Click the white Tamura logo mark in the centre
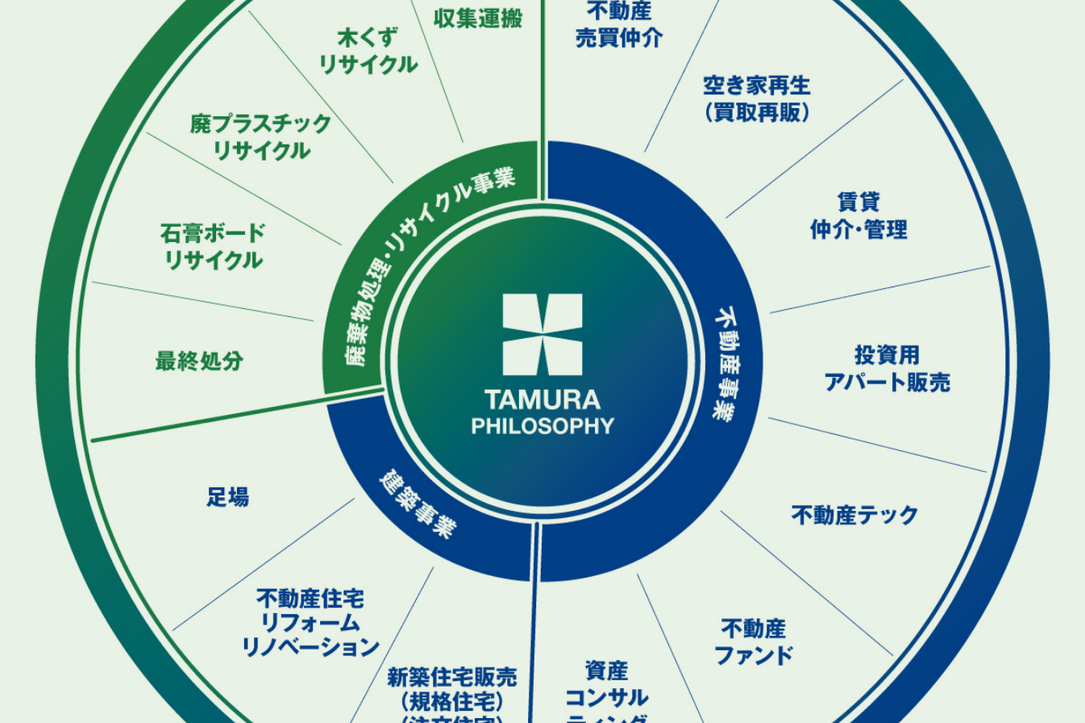[542, 334]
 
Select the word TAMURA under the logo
[542, 400]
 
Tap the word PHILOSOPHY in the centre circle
[542, 425]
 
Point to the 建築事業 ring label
[417, 504]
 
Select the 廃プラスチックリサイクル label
[261, 136]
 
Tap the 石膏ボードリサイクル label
[213, 247]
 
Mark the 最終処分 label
[199, 361]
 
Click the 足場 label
[227, 497]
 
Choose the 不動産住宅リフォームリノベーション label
[310, 622]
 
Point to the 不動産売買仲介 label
[619, 25]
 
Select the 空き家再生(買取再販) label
[756, 98]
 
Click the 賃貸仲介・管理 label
[858, 215]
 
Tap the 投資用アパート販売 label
[887, 368]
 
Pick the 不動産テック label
[854, 515]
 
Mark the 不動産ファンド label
[754, 642]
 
